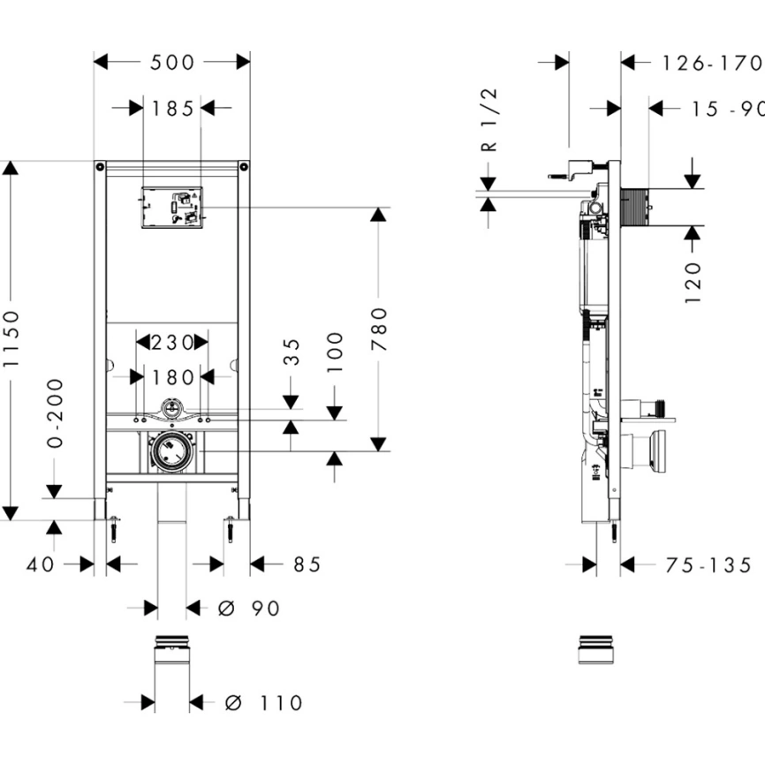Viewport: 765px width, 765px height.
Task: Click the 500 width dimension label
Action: tap(172, 62)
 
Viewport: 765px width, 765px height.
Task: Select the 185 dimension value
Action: tap(172, 109)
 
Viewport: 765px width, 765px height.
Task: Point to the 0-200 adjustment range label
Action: tap(55, 413)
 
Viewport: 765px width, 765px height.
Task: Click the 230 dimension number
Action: tap(171, 342)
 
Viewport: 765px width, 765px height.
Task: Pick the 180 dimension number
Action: tap(172, 377)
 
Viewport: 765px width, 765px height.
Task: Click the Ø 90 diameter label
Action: tap(248, 609)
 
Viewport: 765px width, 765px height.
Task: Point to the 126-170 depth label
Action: tap(711, 63)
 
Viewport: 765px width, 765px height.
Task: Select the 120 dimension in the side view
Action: tap(693, 281)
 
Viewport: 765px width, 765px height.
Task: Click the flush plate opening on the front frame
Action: tap(172, 208)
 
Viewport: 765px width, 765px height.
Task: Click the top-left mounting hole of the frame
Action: tap(101, 167)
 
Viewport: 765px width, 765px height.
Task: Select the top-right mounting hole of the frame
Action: tap(243, 167)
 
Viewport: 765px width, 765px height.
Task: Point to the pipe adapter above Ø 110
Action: tap(172, 649)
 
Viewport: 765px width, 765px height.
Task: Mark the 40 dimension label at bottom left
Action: tap(41, 564)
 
